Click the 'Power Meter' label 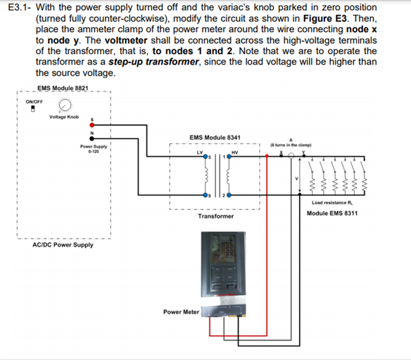pos(181,311)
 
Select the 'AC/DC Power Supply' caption pos(63,245)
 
